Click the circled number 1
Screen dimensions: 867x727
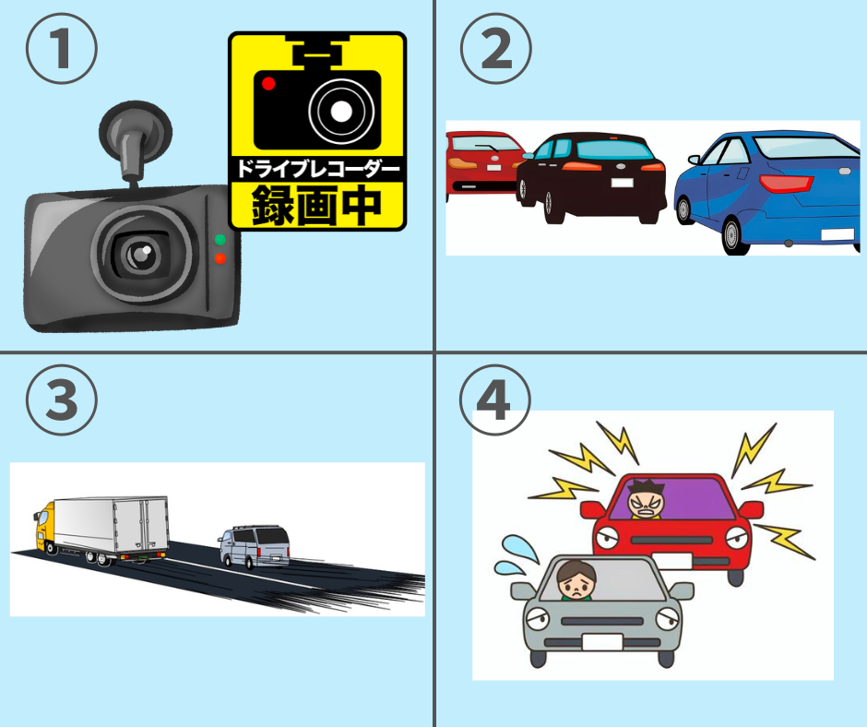coord(62,49)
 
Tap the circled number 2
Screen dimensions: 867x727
coord(496,49)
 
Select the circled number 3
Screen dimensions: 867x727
coord(62,399)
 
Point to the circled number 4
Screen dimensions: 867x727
coord(495,399)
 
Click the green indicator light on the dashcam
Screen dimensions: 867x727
coord(220,240)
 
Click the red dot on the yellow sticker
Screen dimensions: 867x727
coord(268,84)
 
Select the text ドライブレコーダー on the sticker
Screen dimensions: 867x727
coord(317,168)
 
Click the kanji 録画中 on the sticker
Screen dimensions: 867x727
coord(317,205)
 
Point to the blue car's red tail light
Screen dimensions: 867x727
coord(786,183)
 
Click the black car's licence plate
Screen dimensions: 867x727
coord(622,183)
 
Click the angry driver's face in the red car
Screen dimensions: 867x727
coord(646,500)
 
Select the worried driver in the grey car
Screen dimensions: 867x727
coord(576,580)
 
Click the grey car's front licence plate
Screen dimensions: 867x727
coord(601,642)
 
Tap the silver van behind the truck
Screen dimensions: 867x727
coord(254,546)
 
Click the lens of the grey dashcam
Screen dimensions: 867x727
coord(140,255)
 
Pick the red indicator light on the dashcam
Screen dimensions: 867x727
coord(220,258)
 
